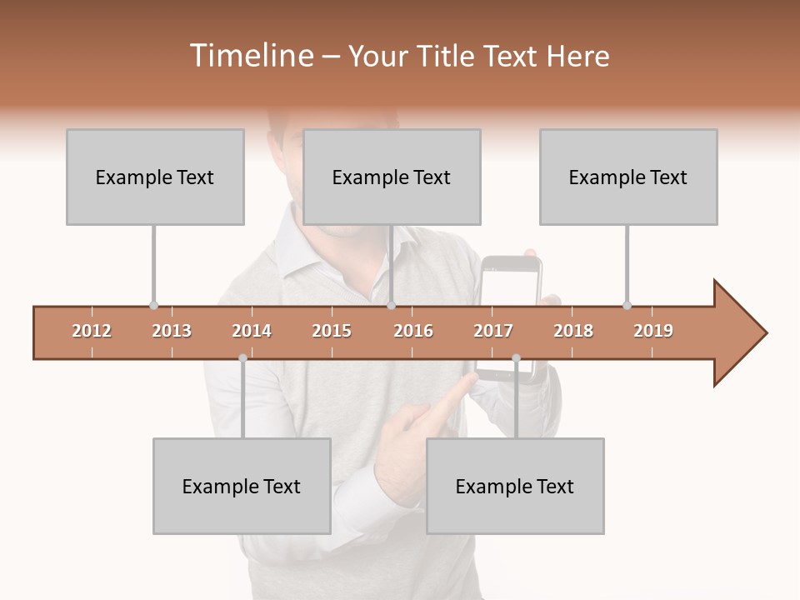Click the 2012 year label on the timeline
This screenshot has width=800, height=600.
click(92, 331)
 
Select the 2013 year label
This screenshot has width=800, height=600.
click(172, 331)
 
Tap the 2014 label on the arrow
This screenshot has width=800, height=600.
click(252, 331)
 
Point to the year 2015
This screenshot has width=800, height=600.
click(332, 331)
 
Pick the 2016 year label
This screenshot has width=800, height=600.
click(413, 331)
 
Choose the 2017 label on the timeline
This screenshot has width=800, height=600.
click(493, 331)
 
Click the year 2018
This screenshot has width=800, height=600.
click(573, 331)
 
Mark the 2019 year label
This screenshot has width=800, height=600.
click(653, 331)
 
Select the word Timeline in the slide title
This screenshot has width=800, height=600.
click(249, 56)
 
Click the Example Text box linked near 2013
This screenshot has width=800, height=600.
click(155, 177)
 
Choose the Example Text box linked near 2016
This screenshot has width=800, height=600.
click(392, 177)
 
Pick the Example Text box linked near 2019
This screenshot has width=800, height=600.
click(628, 177)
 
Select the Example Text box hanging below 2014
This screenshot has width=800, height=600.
click(242, 486)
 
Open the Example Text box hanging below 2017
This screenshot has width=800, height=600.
click(515, 486)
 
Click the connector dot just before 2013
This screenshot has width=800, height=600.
click(153, 305)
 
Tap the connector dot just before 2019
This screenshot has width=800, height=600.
click(627, 305)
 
